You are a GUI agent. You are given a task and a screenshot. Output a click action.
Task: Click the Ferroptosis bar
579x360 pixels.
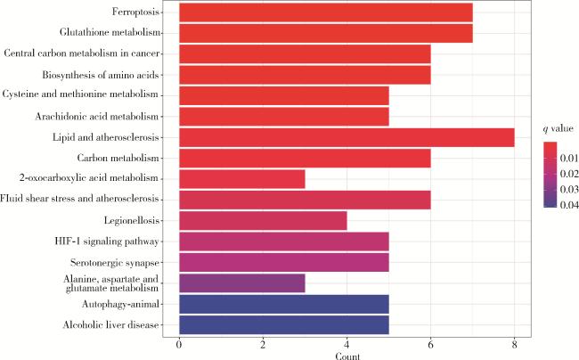pyautogui.click(x=326, y=13)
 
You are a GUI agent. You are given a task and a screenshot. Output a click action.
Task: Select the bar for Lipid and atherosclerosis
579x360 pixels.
pyautogui.click(x=347, y=137)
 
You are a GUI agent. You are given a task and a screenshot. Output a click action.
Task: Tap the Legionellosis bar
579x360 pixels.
pyautogui.click(x=263, y=220)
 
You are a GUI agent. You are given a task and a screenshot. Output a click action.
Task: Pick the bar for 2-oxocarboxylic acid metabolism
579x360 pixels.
pyautogui.click(x=242, y=178)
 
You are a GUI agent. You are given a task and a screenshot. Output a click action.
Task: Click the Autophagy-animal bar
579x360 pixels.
pyautogui.click(x=284, y=304)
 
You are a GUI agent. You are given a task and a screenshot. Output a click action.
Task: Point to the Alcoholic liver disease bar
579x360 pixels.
pyautogui.click(x=284, y=324)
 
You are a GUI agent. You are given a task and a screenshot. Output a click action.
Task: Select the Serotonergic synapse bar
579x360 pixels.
pyautogui.click(x=284, y=262)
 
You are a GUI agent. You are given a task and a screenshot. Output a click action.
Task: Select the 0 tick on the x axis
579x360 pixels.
pyautogui.click(x=180, y=345)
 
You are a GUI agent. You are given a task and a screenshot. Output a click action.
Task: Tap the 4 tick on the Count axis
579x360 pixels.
pyautogui.click(x=347, y=345)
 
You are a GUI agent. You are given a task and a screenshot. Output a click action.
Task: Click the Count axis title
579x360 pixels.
pyautogui.click(x=347, y=355)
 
